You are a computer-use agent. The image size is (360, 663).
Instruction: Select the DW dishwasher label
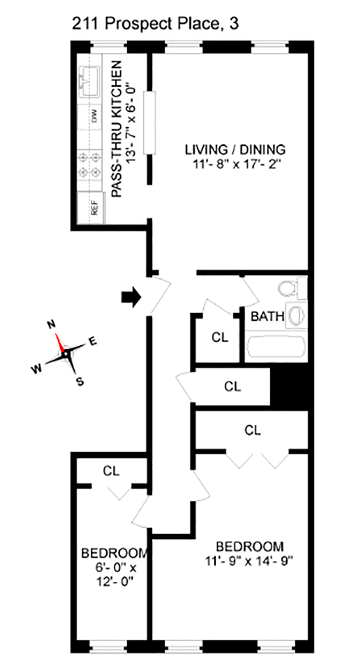click(95, 115)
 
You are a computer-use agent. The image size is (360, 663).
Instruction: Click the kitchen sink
click(88, 80)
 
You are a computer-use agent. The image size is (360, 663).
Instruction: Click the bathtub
click(276, 347)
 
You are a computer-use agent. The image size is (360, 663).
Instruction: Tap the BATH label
click(267, 317)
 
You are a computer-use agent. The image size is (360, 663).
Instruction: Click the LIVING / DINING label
click(235, 150)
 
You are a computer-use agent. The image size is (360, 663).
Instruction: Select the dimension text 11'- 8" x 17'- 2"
click(235, 164)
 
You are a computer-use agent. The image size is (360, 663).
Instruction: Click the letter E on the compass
click(92, 341)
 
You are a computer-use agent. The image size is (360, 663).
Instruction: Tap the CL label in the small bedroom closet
click(111, 471)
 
